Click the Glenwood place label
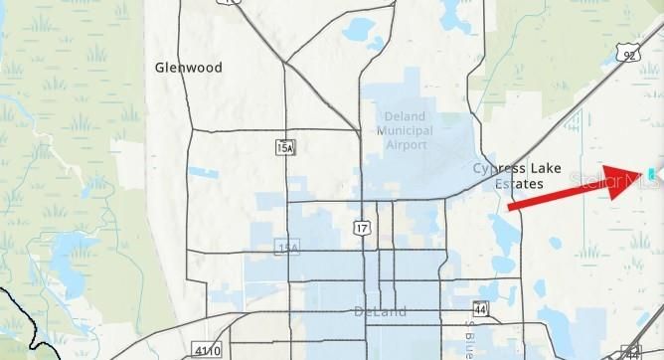click(189, 68)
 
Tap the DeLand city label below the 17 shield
click(380, 311)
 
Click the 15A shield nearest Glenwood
click(285, 147)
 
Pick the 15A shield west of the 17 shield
click(287, 247)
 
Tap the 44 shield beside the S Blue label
click(481, 309)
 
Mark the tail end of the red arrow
click(510, 208)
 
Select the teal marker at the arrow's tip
click(652, 171)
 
